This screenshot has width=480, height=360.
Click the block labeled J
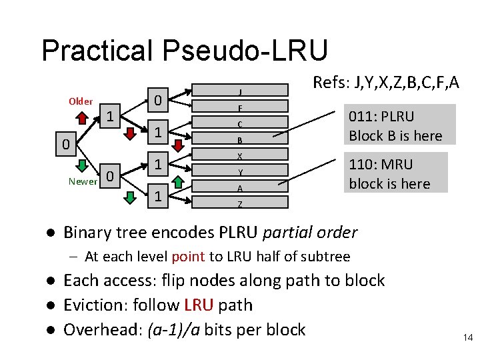[x=239, y=91]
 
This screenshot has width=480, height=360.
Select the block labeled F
[x=239, y=107]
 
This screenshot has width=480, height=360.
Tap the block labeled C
[x=239, y=124]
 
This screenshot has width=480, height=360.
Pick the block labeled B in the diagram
[x=239, y=140]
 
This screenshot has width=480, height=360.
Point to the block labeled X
[x=239, y=156]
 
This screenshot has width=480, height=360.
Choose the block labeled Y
[x=239, y=172]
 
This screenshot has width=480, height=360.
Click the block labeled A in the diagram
[x=239, y=188]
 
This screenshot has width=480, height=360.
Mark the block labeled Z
[x=239, y=204]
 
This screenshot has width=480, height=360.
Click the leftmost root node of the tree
[x=62, y=144]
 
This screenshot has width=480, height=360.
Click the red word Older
[x=81, y=101]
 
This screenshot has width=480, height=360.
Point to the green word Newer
[x=82, y=181]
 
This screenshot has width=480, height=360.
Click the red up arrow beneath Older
[x=81, y=119]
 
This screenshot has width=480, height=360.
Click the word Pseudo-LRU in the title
[x=251, y=51]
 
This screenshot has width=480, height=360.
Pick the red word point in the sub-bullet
[x=188, y=257]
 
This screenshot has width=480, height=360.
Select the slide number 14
[x=467, y=338]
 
